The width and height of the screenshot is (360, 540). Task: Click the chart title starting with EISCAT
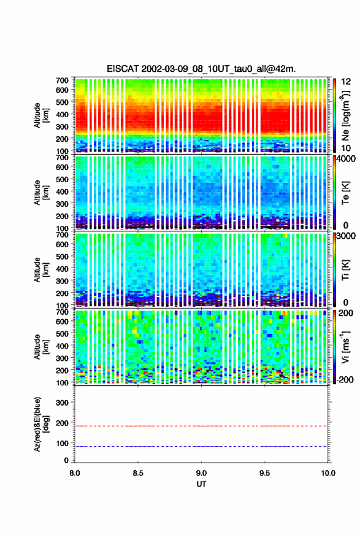pos(201,69)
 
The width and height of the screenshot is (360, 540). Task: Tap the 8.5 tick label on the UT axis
pos(137,473)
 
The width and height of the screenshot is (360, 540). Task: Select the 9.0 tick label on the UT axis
pos(201,473)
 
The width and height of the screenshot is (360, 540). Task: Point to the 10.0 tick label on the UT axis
pos(328,473)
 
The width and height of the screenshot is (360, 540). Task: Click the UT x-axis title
pos(201,484)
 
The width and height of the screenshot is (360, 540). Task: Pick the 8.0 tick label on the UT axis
pos(75,473)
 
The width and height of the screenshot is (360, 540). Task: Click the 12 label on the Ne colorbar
pos(346,82)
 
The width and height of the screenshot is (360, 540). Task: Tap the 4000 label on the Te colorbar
pos(347,159)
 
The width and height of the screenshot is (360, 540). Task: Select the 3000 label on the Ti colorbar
pos(347,236)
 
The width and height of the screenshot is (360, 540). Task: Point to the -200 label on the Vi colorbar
pos(345,379)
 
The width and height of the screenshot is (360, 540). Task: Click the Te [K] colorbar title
pos(345,193)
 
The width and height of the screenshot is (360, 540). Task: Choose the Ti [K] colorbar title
pos(345,269)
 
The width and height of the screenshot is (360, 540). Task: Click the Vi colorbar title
pos(345,347)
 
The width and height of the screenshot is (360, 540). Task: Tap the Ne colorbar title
pos(345,116)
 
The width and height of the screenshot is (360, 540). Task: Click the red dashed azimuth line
pos(201,426)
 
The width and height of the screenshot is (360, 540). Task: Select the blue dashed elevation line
pos(201,446)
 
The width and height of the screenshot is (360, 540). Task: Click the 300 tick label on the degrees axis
pos(63,403)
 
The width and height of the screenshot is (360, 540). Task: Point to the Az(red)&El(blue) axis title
pos(40,424)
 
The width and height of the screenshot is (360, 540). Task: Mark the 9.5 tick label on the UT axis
pos(264,473)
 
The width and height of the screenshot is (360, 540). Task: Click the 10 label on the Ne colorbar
pos(346,148)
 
